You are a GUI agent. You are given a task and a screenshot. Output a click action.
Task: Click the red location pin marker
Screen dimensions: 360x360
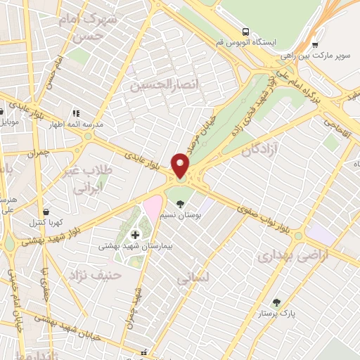coord(181,165)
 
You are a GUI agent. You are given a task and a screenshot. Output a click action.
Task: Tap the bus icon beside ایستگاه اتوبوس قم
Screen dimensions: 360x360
coord(245,32)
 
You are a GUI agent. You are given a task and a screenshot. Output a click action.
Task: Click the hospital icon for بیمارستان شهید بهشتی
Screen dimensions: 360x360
coord(136,234)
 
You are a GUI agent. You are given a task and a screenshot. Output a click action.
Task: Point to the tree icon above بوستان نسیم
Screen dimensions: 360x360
coord(181,205)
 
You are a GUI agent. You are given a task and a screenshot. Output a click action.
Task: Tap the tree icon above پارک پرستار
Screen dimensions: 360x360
coord(276,303)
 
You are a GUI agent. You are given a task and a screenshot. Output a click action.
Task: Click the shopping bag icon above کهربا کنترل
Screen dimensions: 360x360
coord(46,212)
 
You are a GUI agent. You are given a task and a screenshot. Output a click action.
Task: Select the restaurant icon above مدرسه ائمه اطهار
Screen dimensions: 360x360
coord(75,112)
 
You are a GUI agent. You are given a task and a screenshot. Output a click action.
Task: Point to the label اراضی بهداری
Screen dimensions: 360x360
coord(283,257)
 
